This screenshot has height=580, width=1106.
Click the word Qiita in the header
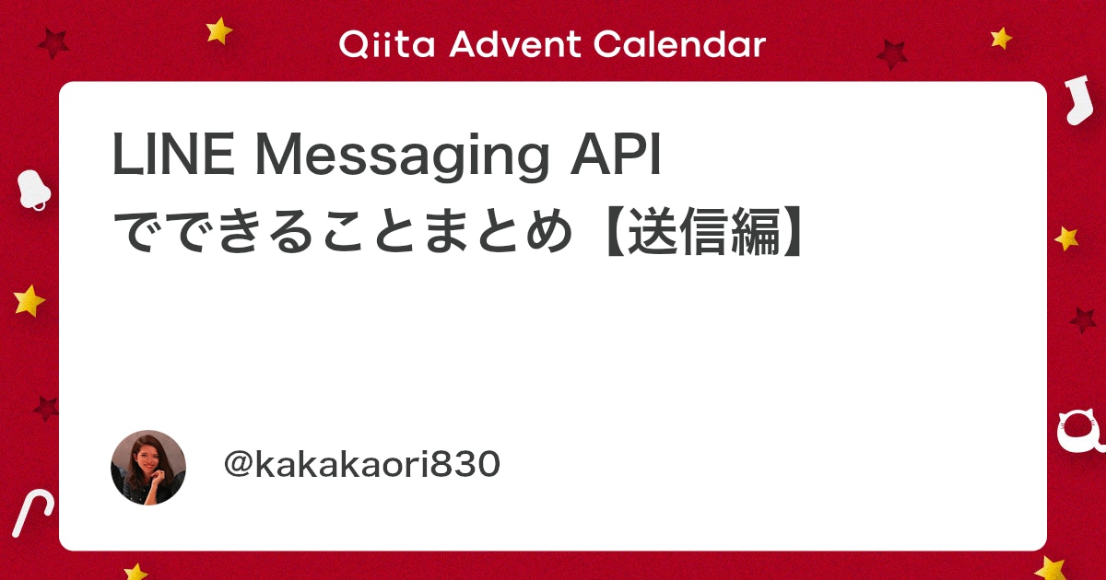386,44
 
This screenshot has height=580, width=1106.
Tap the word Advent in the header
515,44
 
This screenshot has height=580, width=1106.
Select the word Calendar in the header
679,44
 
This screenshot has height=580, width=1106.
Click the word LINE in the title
174,154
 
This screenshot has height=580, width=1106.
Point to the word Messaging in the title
402,157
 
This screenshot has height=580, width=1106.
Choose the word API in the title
616,154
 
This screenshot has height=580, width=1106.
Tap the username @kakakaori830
362,464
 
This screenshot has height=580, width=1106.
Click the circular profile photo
148,468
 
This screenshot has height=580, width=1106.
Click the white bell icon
33,190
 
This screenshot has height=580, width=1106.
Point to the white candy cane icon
31,513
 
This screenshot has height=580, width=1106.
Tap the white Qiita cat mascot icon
1081,433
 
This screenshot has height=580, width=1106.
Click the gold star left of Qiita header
218,30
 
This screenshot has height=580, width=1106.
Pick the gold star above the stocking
1001,38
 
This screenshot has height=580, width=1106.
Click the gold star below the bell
29,300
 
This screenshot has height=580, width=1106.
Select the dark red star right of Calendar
892,54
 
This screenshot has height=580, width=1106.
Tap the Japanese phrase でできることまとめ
343,231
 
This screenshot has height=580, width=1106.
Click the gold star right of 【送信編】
1066,238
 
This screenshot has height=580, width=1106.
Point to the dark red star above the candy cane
46,409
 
